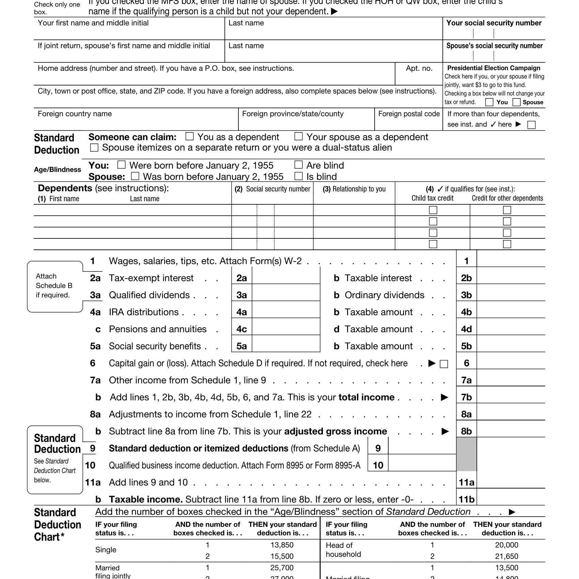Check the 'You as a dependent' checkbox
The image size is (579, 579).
tap(189, 137)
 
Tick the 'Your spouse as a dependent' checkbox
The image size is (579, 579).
tap(298, 137)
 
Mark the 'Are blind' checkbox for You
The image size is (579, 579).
tap(298, 165)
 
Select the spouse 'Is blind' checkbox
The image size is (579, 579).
tap(298, 176)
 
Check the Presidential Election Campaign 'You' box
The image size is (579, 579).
tap(489, 102)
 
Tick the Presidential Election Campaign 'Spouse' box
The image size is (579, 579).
tap(516, 102)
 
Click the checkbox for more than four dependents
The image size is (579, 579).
tap(531, 125)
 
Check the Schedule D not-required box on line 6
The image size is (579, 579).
tap(444, 364)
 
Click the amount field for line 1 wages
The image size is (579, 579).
tap(511, 261)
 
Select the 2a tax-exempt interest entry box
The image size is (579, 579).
tap(286, 278)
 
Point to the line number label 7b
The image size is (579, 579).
tap(466, 397)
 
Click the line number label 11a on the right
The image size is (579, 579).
tap(466, 482)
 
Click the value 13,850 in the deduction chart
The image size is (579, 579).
tap(282, 545)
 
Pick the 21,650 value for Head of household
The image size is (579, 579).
tap(506, 556)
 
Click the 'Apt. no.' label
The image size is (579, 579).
tap(419, 68)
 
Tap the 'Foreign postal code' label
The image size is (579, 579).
tap(409, 114)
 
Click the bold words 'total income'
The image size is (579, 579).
tap(366, 397)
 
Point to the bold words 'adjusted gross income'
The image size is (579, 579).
tap(335, 431)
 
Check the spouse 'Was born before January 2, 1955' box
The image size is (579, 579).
tap(135, 176)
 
